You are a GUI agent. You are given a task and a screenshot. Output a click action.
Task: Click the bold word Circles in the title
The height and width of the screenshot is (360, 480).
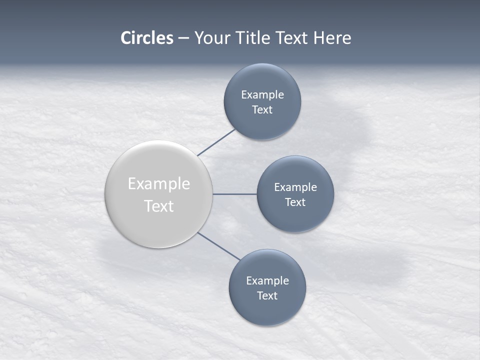[146, 38]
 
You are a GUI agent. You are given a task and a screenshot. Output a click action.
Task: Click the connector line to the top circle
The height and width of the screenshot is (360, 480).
[216, 142]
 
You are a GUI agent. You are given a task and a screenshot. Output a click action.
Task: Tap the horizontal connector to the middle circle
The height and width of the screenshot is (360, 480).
[235, 194]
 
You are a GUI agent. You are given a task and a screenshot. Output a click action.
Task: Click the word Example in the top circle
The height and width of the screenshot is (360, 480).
[262, 94]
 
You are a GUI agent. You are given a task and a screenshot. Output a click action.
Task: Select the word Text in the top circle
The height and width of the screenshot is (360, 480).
[262, 109]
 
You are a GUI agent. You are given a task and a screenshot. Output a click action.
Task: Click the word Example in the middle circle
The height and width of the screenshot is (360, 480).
[295, 187]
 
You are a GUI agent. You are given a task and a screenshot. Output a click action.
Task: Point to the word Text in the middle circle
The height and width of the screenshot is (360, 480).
[295, 202]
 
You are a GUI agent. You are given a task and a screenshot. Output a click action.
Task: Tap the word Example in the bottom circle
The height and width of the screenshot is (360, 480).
[267, 280]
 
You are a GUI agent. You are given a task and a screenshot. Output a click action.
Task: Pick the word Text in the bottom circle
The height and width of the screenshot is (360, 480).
[267, 295]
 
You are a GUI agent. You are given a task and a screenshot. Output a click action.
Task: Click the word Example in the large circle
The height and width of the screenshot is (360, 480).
[159, 183]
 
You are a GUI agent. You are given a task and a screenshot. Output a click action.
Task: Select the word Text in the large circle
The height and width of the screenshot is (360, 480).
[159, 205]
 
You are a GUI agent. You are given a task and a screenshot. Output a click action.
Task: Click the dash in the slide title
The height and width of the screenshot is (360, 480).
[183, 38]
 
